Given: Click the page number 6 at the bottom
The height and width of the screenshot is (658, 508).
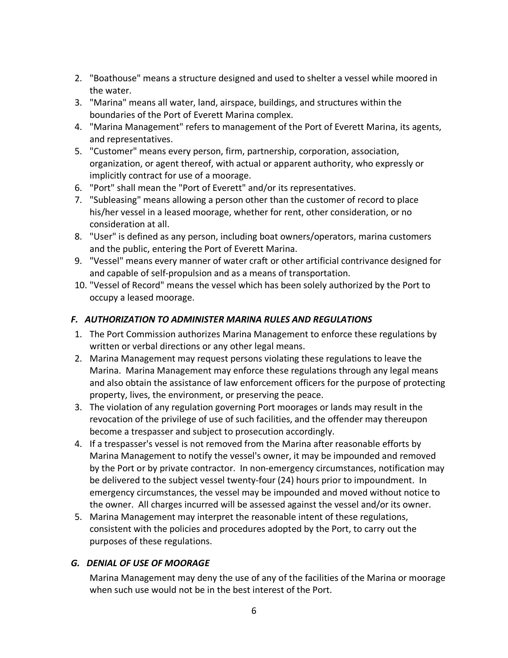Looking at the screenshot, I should (254, 611).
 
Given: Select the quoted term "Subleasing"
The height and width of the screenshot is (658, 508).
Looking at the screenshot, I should (116, 200).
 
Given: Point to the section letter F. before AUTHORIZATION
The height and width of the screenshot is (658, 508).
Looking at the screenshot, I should (74, 319).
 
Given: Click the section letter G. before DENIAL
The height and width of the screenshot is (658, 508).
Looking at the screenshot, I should (75, 563).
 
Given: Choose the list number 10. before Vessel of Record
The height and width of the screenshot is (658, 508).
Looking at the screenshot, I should (80, 285).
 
